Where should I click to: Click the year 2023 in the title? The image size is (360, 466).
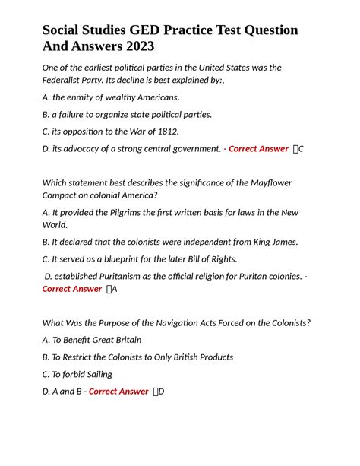tap(136, 47)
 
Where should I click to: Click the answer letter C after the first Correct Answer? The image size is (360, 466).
tap(302, 149)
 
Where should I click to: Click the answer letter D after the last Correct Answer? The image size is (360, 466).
tap(162, 392)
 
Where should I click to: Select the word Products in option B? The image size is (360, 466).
tap(211, 357)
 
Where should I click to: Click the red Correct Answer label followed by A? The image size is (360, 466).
tap(71, 289)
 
